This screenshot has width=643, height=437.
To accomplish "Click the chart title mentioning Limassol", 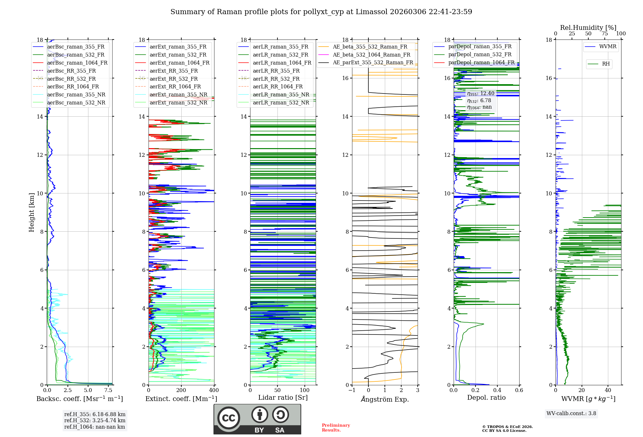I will tap(321, 12).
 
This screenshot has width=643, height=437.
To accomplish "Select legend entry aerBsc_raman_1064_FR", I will tap(77, 63).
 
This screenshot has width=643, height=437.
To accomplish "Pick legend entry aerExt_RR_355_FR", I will tap(174, 71).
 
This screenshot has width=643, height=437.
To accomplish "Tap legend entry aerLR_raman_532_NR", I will tap(281, 103).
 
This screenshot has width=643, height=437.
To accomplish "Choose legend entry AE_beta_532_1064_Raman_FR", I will tap(371, 55).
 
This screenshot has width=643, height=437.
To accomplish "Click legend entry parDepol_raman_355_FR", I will tap(480, 47).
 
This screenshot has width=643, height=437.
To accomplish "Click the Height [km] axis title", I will tap(32, 212).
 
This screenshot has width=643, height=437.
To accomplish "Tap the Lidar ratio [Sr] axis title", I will tap(283, 398).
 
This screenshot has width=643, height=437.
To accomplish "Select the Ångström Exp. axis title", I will tap(385, 399).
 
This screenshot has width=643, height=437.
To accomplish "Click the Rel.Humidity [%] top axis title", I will tap(588, 28).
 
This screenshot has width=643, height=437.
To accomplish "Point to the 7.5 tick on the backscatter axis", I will tap(108, 390).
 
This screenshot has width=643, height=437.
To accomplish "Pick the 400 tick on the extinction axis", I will tap(214, 390).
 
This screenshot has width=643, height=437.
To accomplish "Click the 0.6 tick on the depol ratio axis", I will tap(519, 390).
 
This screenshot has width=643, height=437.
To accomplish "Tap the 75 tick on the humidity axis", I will tap(605, 34).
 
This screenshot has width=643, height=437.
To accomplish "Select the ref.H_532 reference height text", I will tap(95, 421).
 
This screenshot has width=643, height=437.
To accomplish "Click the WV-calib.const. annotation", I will tap(571, 414).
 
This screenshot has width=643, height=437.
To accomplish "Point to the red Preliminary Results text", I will tap(336, 428).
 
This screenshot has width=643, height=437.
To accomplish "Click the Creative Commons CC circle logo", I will tap(229, 418).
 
